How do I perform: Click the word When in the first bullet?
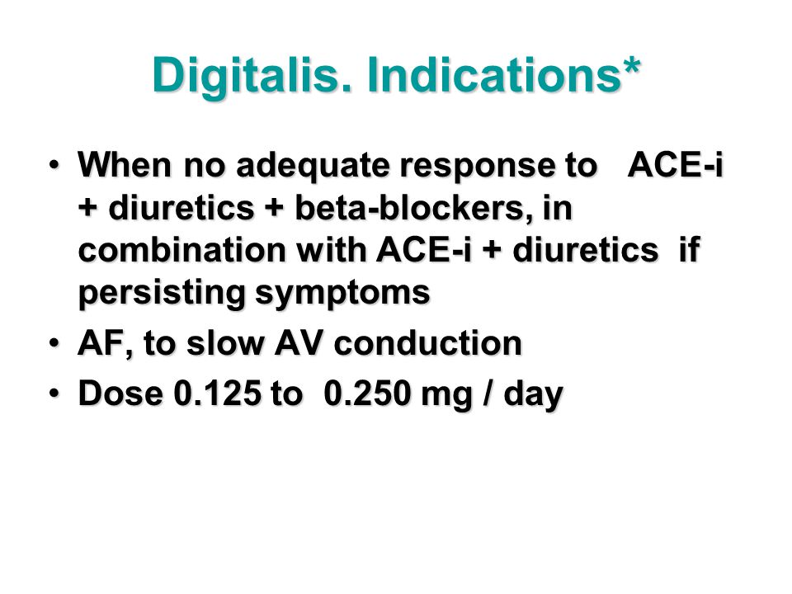point(125,165)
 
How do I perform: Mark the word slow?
point(225,343)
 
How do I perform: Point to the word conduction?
point(428,343)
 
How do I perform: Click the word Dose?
point(120,393)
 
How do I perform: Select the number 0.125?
point(218,393)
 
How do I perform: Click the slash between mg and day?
point(488,393)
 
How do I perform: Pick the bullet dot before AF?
point(54,343)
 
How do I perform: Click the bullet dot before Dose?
point(54,393)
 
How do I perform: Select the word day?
point(534,395)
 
